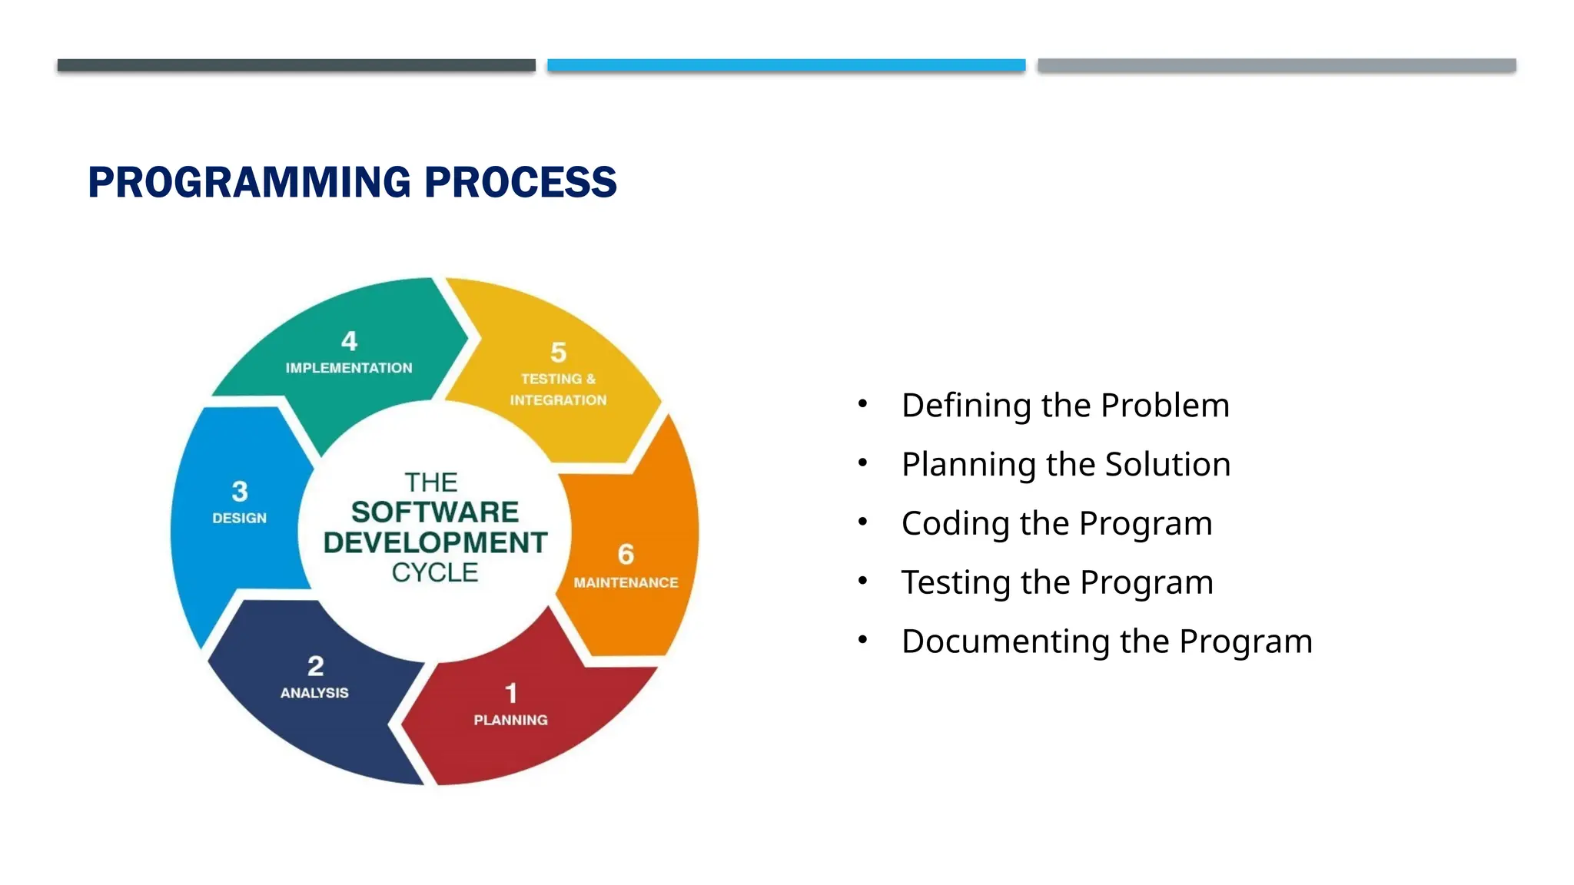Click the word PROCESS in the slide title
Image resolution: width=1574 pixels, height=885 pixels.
520,183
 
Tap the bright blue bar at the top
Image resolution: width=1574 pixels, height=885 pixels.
786,65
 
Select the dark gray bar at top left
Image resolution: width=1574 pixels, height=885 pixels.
296,65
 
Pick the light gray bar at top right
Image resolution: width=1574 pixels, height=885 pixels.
1277,65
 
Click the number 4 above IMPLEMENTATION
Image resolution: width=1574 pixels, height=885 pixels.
349,341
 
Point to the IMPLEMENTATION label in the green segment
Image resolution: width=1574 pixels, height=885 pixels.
349,368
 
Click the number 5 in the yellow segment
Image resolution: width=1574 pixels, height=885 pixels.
558,353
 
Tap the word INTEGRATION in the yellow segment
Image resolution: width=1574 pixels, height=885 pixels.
558,400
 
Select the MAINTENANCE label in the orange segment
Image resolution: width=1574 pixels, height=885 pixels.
626,582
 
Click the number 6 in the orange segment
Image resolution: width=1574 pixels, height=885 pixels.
626,554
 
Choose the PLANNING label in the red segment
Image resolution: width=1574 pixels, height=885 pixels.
510,720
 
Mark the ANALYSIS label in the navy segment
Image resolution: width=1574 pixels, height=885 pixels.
314,693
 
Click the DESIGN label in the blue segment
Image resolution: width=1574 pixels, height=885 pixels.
239,519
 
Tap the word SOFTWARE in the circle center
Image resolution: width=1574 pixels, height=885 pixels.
435,512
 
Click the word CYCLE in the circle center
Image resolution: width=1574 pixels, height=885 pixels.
435,572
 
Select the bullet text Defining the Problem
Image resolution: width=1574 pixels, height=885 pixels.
1065,406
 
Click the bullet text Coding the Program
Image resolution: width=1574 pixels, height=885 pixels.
1057,524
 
